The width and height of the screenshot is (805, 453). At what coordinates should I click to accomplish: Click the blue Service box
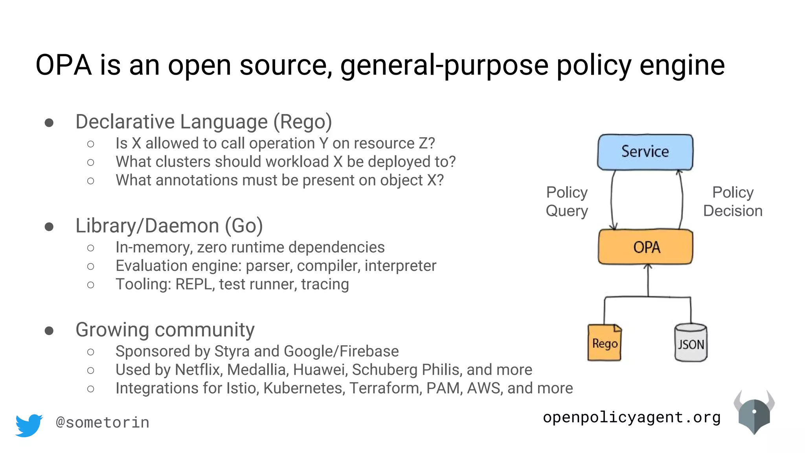pyautogui.click(x=645, y=152)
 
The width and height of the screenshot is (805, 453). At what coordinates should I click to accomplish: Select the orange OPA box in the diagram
pyautogui.click(x=645, y=247)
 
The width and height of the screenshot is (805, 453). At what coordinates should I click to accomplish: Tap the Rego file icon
pyautogui.click(x=605, y=343)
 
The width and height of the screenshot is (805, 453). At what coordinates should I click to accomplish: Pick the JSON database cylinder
pyautogui.click(x=691, y=343)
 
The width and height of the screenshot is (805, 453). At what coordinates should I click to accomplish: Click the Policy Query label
pyautogui.click(x=567, y=202)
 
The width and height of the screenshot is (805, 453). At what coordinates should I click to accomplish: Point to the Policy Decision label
pyautogui.click(x=733, y=202)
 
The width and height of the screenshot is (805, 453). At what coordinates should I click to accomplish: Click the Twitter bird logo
pyautogui.click(x=29, y=425)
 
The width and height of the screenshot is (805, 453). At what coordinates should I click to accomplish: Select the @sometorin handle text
pyautogui.click(x=103, y=423)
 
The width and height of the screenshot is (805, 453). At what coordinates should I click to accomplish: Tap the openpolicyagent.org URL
pyautogui.click(x=632, y=417)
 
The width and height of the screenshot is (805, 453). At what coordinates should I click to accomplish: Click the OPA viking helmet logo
pyautogui.click(x=754, y=413)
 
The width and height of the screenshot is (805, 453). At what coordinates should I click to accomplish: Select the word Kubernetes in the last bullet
pyautogui.click(x=304, y=389)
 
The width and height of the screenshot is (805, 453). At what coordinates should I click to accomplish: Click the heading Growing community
pyautogui.click(x=165, y=330)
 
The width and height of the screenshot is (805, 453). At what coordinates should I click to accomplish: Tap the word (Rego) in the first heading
pyautogui.click(x=303, y=122)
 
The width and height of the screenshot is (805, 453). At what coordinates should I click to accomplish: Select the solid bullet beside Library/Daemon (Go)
pyautogui.click(x=49, y=227)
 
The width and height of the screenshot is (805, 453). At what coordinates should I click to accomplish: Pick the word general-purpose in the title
pyautogui.click(x=444, y=66)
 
